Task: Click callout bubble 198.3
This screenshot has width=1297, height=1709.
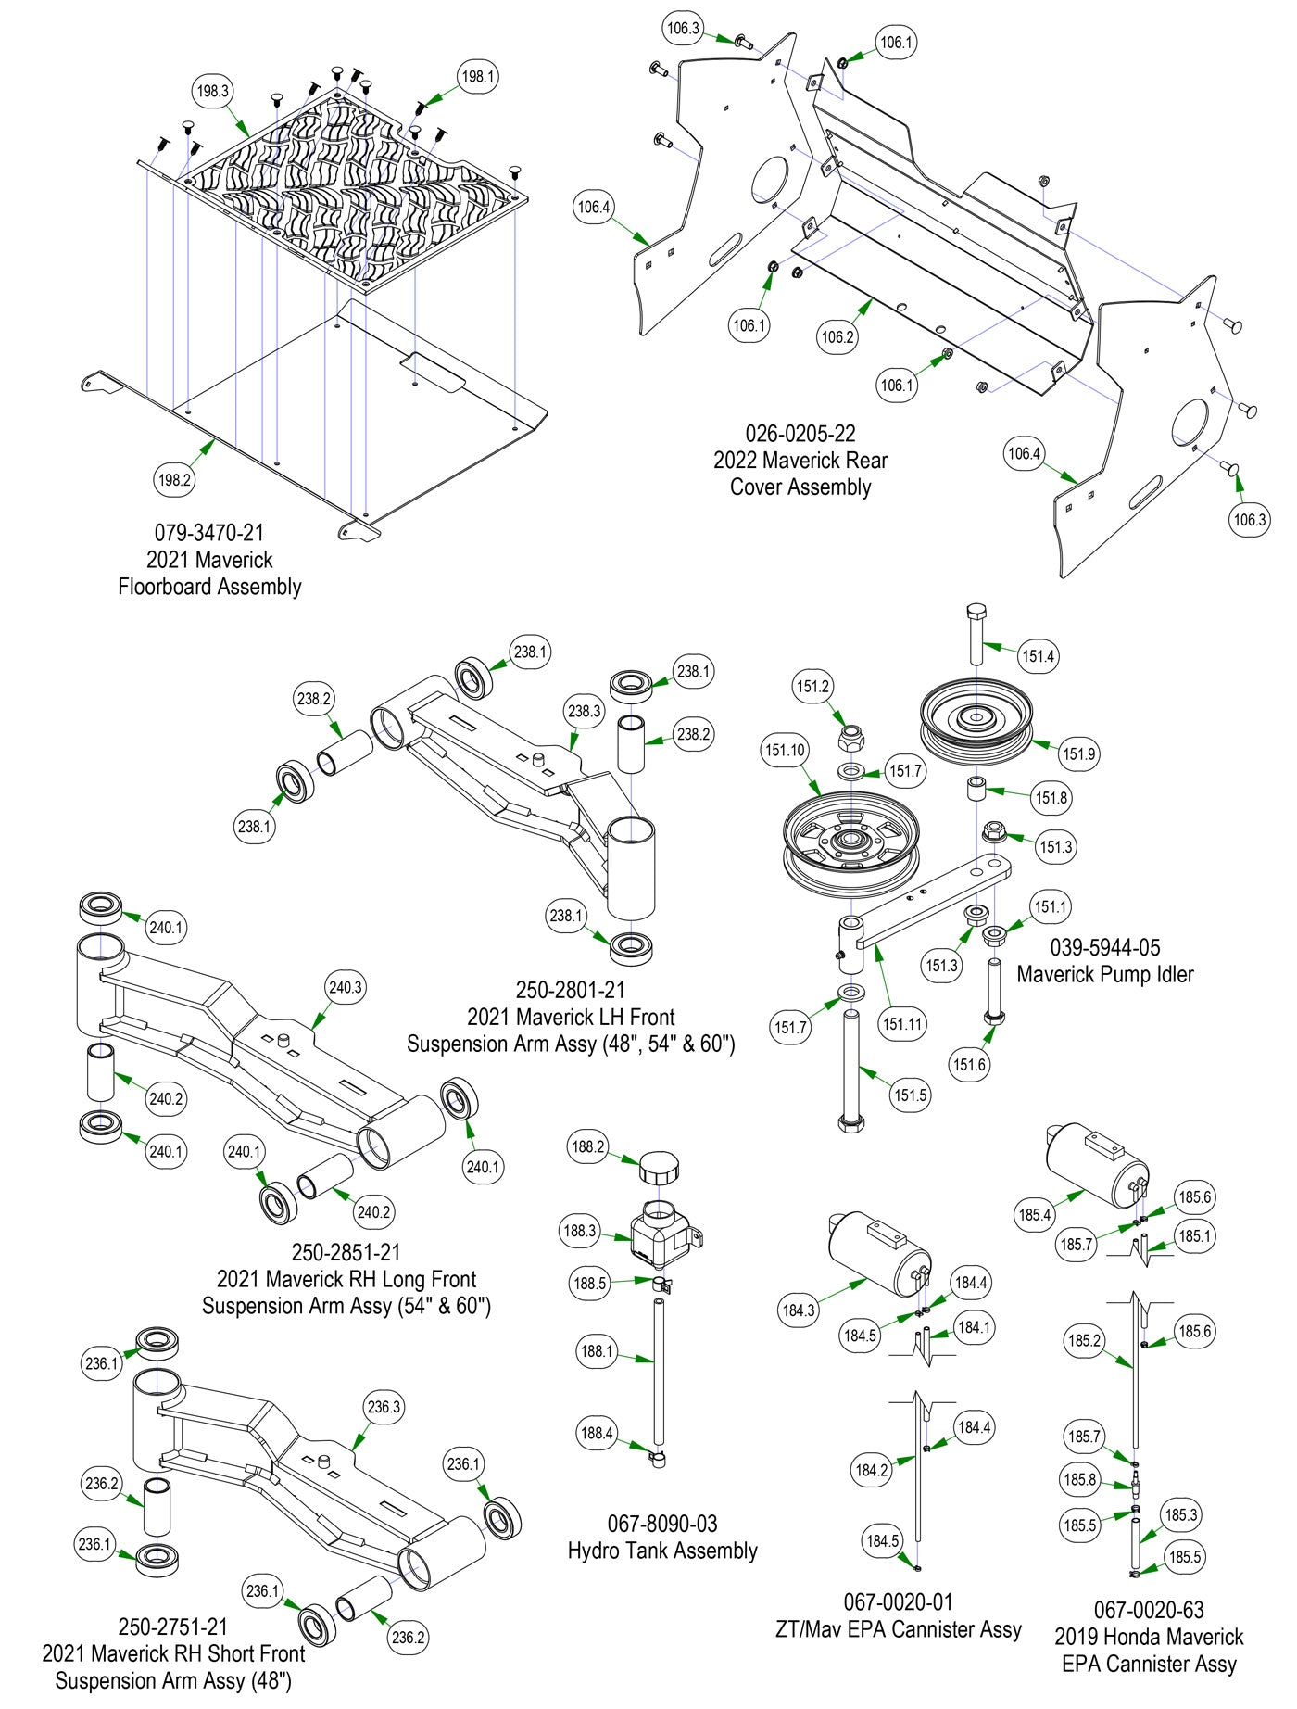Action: (x=212, y=91)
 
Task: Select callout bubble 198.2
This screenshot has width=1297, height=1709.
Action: (x=174, y=479)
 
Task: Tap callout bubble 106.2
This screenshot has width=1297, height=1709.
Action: (x=837, y=336)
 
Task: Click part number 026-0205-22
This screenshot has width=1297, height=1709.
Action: (x=800, y=433)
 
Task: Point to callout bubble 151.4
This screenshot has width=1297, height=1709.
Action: (x=1038, y=656)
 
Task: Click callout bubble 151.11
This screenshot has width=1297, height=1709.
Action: (x=901, y=1024)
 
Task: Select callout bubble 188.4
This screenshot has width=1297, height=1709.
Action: (x=596, y=1433)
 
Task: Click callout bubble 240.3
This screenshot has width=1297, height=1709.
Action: (x=346, y=988)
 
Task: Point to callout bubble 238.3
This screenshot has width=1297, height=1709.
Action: (x=585, y=712)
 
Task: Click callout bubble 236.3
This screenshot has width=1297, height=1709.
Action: (x=384, y=1407)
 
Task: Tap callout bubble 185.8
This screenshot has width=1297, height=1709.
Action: (x=1080, y=1479)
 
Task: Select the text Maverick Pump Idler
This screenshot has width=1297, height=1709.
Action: (x=1104, y=974)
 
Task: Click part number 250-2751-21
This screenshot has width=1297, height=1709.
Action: (x=172, y=1627)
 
